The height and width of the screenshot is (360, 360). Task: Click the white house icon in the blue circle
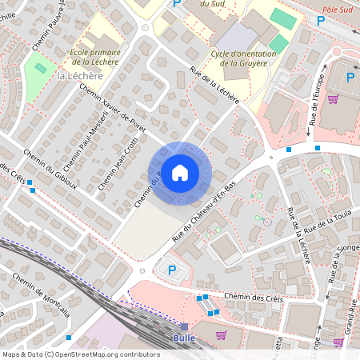(x=180, y=173)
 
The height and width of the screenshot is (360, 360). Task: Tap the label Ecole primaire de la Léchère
(x=90, y=56)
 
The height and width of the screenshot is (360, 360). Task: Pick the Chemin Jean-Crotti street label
(x=118, y=161)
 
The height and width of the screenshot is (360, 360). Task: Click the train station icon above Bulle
(x=184, y=326)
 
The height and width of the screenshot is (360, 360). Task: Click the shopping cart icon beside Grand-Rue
(x=338, y=342)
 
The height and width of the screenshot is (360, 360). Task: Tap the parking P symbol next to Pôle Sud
(x=321, y=21)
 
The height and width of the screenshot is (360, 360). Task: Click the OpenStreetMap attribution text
(x=70, y=354)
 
